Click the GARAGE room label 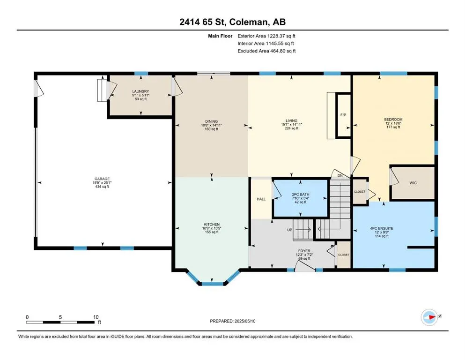[102, 179]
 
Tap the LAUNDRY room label [140, 91]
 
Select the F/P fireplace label [343, 115]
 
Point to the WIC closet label [413, 183]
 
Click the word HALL [261, 199]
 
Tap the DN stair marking [340, 176]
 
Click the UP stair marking [290, 230]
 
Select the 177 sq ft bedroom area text [393, 127]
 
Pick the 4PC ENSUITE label [381, 229]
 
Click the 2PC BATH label [301, 195]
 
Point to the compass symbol [429, 317]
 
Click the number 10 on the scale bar [96, 317]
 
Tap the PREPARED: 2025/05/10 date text [232, 321]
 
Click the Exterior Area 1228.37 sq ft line [266, 36]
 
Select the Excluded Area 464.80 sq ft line [266, 51]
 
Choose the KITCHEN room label [212, 225]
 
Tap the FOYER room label [304, 251]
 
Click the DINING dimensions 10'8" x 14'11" [212, 125]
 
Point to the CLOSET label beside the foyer [344, 255]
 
